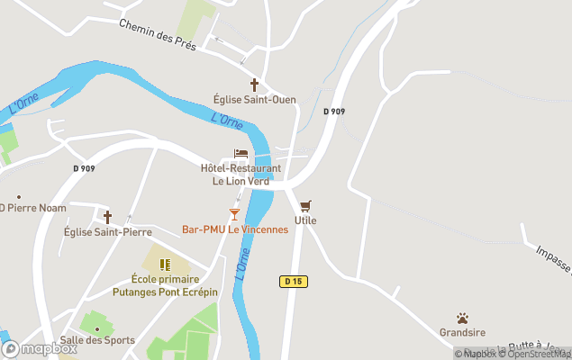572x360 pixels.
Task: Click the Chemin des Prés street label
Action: [158, 33]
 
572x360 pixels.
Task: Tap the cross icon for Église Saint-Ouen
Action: [254, 85]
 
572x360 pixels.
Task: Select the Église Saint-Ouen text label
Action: [254, 100]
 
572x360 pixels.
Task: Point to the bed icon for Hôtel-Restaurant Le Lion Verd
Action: [241, 154]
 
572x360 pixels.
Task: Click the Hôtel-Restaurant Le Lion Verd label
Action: [241, 175]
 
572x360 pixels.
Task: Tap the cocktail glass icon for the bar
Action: [234, 214]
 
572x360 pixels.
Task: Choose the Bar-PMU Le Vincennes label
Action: [235, 229]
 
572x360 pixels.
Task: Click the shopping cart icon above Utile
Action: [305, 206]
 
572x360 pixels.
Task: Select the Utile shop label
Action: [305, 220]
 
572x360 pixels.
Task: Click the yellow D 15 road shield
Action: [294, 282]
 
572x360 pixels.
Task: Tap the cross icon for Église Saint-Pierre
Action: [107, 217]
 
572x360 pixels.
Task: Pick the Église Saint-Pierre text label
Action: [107, 231]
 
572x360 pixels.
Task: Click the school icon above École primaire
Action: [165, 265]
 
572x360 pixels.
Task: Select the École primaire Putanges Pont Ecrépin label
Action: [165, 286]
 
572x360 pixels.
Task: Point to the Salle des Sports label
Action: [97, 340]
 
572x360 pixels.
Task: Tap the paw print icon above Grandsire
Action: [462, 319]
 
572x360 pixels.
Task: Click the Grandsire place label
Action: [462, 333]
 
